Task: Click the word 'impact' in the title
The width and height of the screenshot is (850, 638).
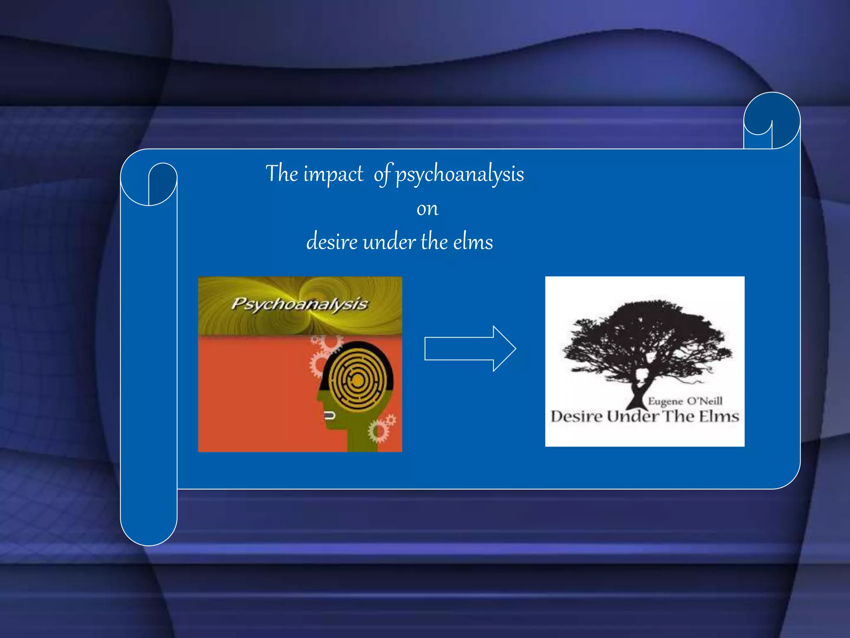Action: coord(333,174)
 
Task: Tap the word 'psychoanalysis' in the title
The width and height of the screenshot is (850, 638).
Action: coord(459,174)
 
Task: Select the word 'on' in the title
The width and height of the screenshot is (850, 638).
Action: coord(427,209)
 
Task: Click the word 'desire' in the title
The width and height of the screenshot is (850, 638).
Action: coord(332,242)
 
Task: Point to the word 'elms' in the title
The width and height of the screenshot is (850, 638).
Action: coord(473,242)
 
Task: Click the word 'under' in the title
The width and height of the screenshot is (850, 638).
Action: coord(389,242)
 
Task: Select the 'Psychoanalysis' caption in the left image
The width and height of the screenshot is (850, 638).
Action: coord(299,304)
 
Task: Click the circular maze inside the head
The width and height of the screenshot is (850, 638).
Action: coord(357,380)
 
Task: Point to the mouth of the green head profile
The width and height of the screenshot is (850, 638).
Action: coord(330,415)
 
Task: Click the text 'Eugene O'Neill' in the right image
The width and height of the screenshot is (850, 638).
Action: coord(685,401)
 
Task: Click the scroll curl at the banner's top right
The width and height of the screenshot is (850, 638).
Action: coord(772,120)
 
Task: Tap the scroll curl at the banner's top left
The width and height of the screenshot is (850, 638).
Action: coord(149,184)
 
